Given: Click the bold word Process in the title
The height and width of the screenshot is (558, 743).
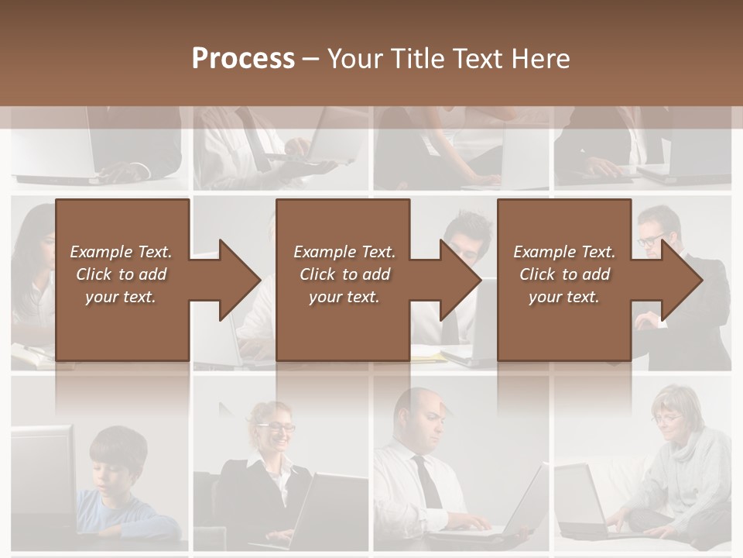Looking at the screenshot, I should coord(243,59).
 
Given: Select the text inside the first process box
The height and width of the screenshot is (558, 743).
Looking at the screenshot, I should coord(121,274).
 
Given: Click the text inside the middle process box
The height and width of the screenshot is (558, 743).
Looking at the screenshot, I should coord(344,274).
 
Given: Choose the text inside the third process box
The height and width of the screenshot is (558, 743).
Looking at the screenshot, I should coord(564,274).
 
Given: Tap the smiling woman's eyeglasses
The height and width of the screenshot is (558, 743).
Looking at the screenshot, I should coord(279,427).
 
